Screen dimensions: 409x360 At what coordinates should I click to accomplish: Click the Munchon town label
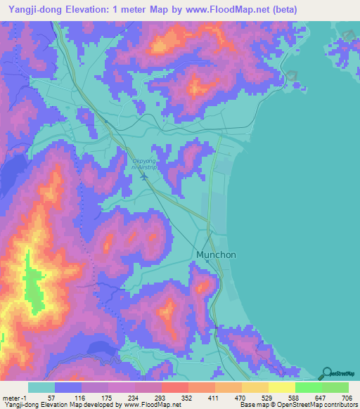(217, 256)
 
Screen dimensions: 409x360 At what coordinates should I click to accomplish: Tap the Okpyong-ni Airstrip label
(145, 164)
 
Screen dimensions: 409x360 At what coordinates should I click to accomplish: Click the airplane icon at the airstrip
(144, 176)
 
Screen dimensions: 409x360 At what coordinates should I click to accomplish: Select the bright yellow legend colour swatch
(281, 387)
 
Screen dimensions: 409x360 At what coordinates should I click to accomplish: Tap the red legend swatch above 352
(174, 387)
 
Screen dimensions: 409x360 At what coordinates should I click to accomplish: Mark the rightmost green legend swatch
(335, 387)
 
